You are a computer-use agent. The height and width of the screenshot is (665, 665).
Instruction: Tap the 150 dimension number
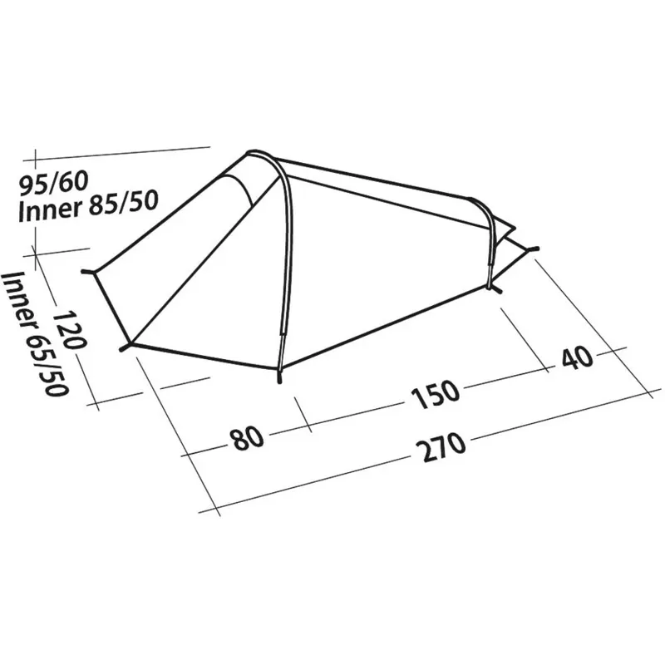[x=434, y=392]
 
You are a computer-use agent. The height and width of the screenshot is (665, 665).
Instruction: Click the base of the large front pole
[x=279, y=378]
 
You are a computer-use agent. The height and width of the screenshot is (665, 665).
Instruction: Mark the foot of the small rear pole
[x=497, y=288]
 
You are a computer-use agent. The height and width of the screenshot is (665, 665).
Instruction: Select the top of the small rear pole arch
[x=476, y=201]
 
